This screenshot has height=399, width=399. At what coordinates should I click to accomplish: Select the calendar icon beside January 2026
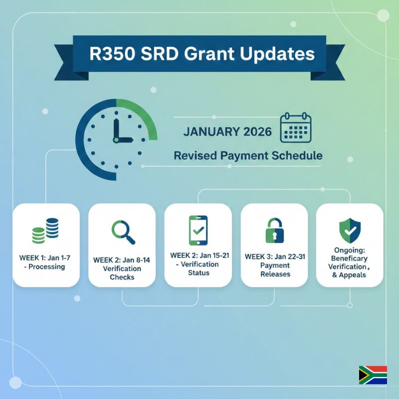296,128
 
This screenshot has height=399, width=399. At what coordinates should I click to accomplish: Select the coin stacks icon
45,231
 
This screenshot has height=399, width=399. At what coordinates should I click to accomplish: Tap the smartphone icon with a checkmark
198,230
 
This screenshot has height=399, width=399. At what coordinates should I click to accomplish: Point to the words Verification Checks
122,272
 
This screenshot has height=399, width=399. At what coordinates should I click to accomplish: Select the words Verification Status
198,268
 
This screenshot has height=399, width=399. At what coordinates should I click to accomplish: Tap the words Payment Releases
275,270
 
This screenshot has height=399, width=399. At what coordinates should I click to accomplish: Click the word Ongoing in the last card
349,250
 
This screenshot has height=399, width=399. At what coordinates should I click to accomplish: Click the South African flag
373,375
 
